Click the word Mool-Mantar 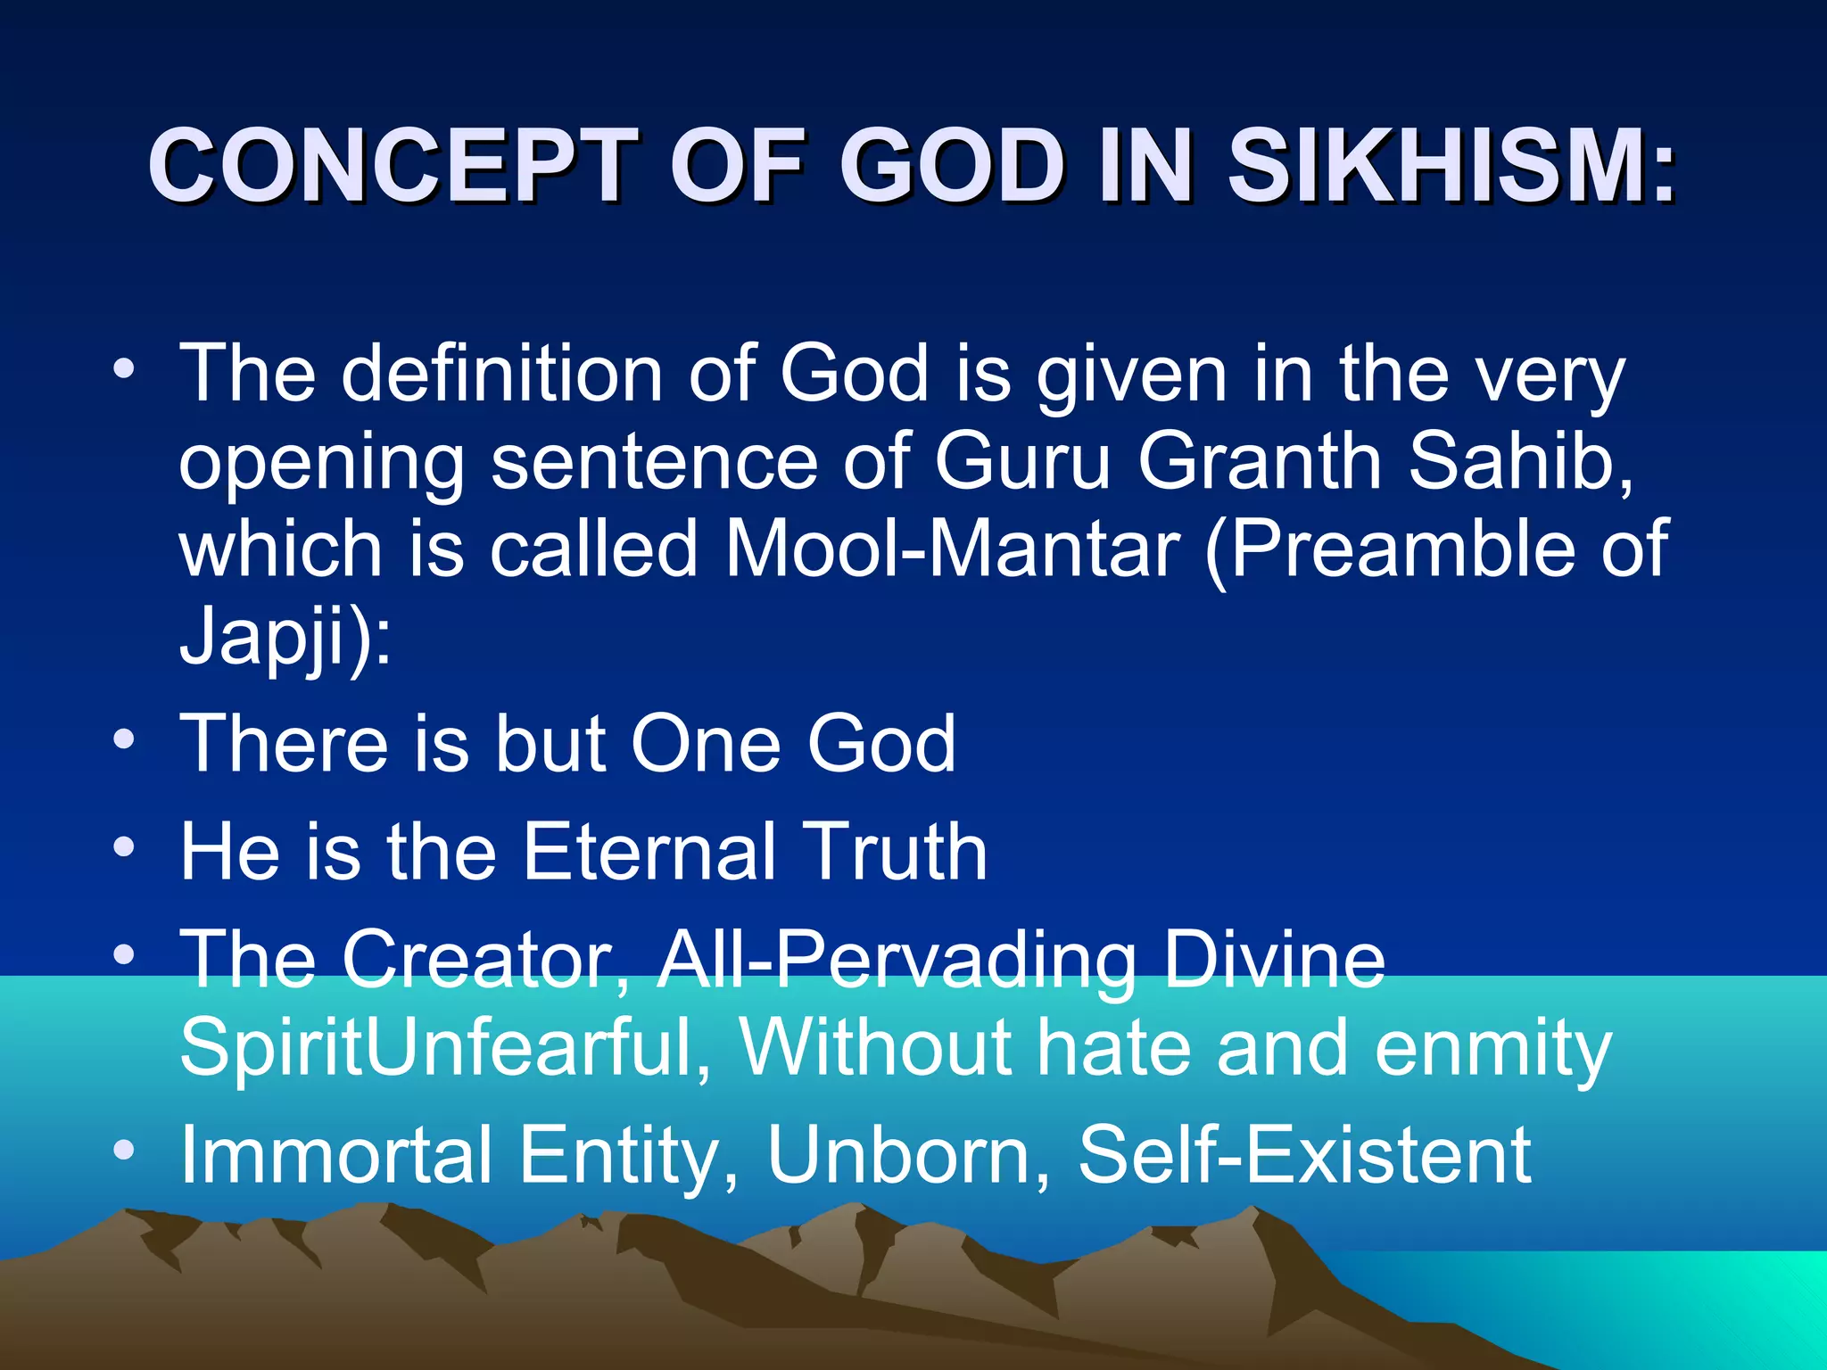click(952, 549)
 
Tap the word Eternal click(649, 851)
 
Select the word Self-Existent click(1304, 1154)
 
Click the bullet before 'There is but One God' click(124, 739)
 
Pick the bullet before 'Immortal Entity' click(124, 1151)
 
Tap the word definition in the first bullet click(501, 374)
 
